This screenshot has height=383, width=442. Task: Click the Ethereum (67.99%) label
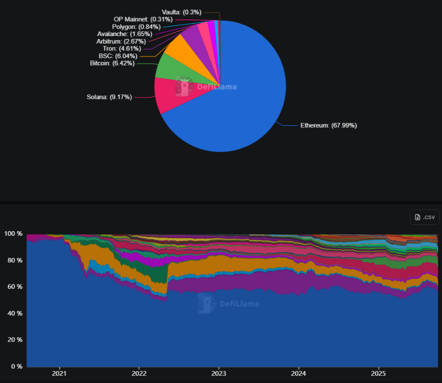point(329,125)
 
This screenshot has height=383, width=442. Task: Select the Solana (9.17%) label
point(109,97)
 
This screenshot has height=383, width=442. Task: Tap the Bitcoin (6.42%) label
point(113,63)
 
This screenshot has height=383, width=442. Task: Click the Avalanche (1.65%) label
point(124,34)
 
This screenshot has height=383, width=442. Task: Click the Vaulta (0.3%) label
point(182,12)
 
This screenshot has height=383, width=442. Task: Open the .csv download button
point(424,217)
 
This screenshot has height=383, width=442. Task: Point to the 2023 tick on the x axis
point(219,373)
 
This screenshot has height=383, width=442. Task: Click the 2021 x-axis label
point(59,373)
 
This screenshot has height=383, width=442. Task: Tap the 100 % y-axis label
point(13,234)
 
